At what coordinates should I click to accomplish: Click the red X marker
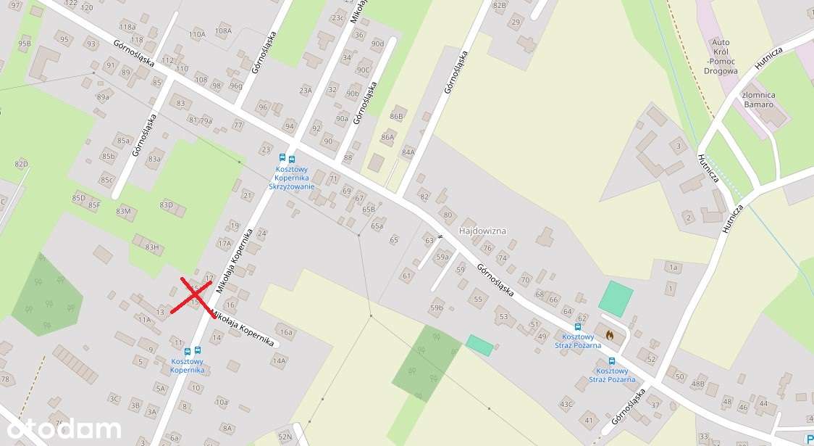(x=192, y=297)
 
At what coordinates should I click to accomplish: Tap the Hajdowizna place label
(x=482, y=231)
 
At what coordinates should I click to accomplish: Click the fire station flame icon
(x=610, y=335)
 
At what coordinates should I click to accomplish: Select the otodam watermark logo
(x=61, y=429)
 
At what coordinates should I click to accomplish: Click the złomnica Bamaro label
(x=758, y=100)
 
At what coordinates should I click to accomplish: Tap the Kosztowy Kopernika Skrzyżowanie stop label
(x=292, y=178)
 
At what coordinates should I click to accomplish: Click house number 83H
(x=151, y=247)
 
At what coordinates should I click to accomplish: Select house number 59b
(x=436, y=307)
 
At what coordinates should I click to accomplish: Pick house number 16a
(x=286, y=332)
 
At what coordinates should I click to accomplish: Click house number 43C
(x=566, y=404)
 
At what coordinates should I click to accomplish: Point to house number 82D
(x=21, y=164)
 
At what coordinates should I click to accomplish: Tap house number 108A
(x=223, y=30)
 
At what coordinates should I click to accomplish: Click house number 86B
(x=395, y=116)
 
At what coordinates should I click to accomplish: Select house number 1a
(x=673, y=268)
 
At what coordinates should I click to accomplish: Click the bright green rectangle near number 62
(x=616, y=299)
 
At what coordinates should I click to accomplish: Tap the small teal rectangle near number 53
(x=479, y=345)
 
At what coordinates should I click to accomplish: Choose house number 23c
(x=337, y=18)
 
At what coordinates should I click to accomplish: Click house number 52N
(x=285, y=437)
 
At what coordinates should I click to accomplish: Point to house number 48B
(x=698, y=384)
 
